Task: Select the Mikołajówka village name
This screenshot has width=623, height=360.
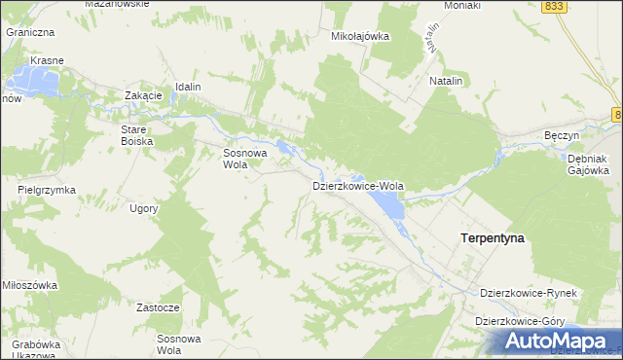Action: click(360, 36)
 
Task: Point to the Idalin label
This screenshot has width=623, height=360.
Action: click(188, 87)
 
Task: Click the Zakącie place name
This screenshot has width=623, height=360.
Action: click(142, 95)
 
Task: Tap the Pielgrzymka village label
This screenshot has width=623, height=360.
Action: click(47, 190)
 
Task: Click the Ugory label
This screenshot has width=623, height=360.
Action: click(142, 208)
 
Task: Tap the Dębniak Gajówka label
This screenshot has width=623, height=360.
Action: click(588, 163)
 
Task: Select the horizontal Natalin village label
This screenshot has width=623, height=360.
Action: click(445, 82)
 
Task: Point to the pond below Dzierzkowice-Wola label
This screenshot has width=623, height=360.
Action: click(389, 204)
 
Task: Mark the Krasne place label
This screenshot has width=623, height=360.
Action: click(47, 60)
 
